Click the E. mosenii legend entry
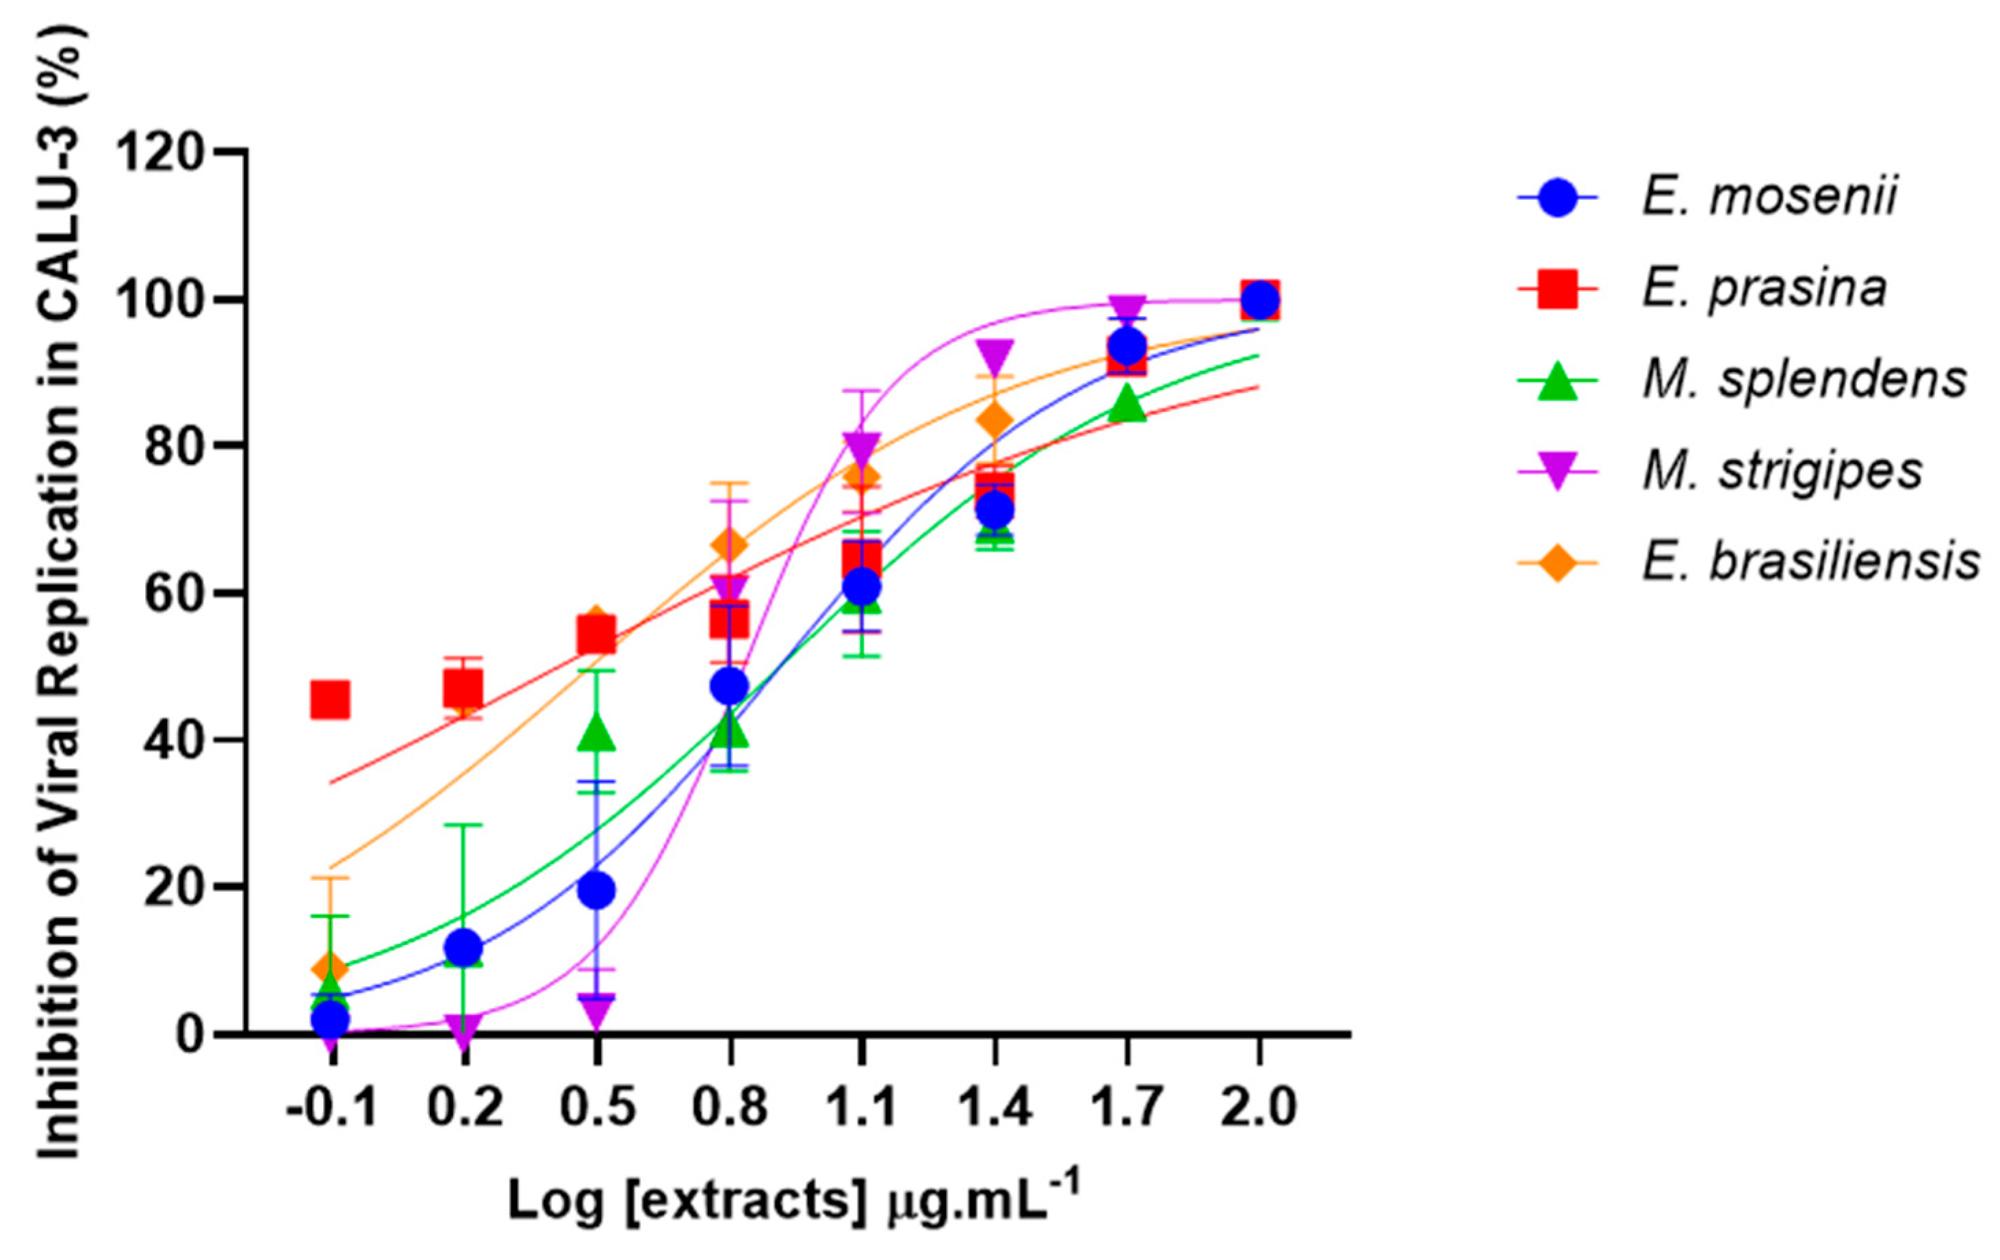pos(1769,197)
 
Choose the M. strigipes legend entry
pos(1782,471)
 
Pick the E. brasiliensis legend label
pos(1810,563)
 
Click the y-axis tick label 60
pos(175,593)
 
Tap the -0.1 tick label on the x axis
pos(331,1107)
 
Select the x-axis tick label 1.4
pos(995,1107)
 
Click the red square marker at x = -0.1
pos(330,699)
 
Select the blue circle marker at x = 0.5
pos(595,890)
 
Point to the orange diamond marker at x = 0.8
pos(729,545)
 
